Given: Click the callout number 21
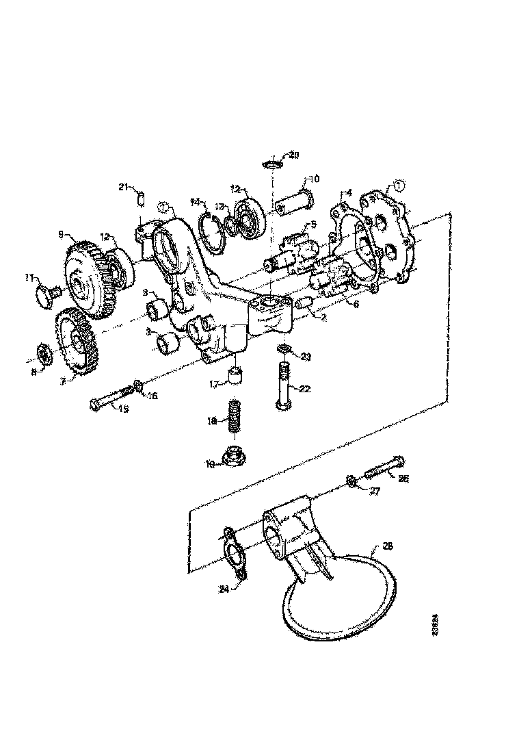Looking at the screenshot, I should click(123, 186).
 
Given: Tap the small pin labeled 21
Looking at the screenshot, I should click(141, 198).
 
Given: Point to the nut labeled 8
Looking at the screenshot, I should click(42, 354).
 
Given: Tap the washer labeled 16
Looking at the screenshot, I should click(139, 387).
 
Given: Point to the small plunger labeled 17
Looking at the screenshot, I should click(235, 376).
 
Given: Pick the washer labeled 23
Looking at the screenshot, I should click(284, 351).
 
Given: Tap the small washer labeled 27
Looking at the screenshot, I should click(349, 482).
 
